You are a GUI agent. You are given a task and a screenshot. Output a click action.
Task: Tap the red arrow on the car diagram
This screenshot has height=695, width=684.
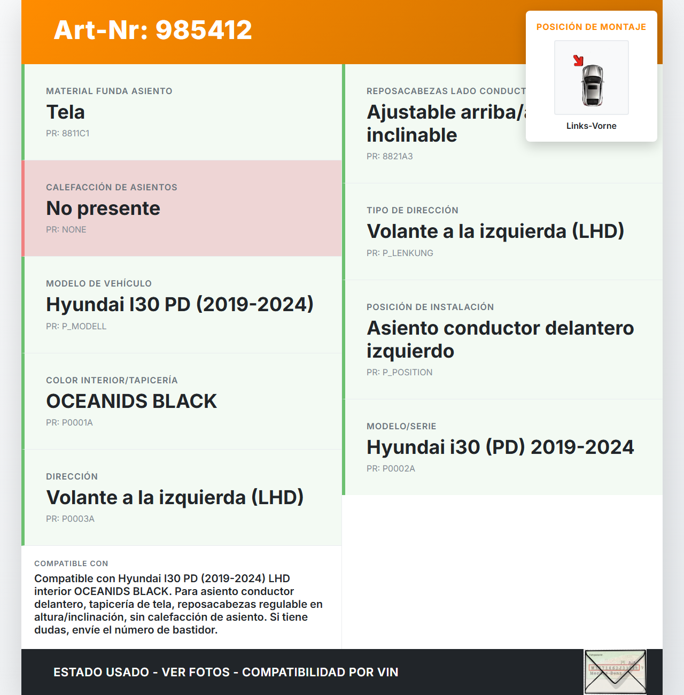(578, 60)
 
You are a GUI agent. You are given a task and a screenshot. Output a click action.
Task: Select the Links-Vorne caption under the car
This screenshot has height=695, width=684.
(591, 126)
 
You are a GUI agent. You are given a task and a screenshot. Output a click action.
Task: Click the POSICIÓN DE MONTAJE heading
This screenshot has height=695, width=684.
(591, 27)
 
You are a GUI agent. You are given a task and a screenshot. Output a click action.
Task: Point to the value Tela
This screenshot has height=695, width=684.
(66, 112)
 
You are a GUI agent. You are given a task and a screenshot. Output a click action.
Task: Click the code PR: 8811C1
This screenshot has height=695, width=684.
(68, 134)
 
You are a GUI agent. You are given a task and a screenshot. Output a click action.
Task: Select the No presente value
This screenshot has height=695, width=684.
(103, 208)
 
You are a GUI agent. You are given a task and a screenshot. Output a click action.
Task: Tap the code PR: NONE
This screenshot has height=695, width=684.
(66, 230)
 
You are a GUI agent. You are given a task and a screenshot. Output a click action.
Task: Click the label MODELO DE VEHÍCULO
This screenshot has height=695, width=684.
(99, 284)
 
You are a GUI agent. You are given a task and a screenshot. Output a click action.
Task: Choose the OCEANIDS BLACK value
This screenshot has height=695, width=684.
(131, 401)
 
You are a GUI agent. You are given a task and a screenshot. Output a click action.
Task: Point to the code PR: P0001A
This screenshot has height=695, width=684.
(69, 423)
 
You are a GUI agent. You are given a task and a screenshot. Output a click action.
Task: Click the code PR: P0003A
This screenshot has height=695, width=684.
(70, 519)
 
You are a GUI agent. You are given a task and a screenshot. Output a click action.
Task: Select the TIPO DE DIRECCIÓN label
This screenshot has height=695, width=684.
(413, 211)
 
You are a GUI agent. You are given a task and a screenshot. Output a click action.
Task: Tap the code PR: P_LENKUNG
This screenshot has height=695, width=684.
(400, 253)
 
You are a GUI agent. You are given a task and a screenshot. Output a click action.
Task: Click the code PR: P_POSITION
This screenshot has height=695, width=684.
(400, 373)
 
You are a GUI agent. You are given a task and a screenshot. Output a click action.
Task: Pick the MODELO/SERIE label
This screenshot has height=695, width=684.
(401, 427)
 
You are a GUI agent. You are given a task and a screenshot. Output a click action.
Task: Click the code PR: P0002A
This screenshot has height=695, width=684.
(391, 469)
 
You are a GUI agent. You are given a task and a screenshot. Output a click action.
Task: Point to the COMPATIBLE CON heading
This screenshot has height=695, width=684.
(71, 564)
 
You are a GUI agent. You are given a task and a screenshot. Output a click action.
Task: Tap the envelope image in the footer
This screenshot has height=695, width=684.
(615, 672)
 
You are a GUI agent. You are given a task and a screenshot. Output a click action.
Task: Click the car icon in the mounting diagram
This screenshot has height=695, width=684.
(592, 86)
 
